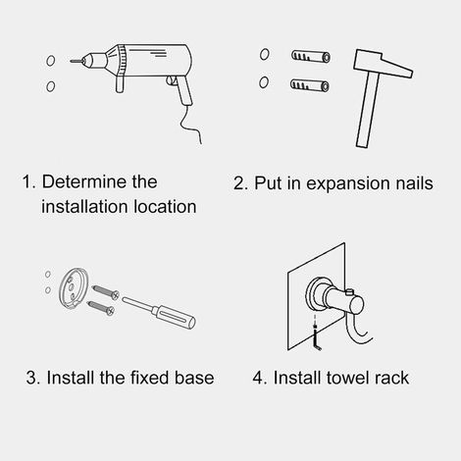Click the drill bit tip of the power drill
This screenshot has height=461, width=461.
[x=71, y=61]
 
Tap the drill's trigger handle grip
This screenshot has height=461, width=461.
[x=184, y=90]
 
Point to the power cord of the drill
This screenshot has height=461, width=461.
[x=191, y=126]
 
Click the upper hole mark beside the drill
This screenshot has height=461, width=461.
[x=50, y=61]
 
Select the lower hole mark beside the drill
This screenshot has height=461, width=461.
[x=50, y=86]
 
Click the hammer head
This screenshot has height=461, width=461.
[x=383, y=64]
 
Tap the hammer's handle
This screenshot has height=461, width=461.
[x=368, y=110]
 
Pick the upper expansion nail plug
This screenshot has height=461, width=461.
[x=311, y=57]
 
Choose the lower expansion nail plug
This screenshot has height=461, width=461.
[x=310, y=85]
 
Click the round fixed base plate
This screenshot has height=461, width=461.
[x=74, y=288]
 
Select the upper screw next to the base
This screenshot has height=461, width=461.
[x=105, y=291]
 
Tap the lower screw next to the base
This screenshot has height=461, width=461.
[x=101, y=308]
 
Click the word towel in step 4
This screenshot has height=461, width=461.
[x=348, y=378]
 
